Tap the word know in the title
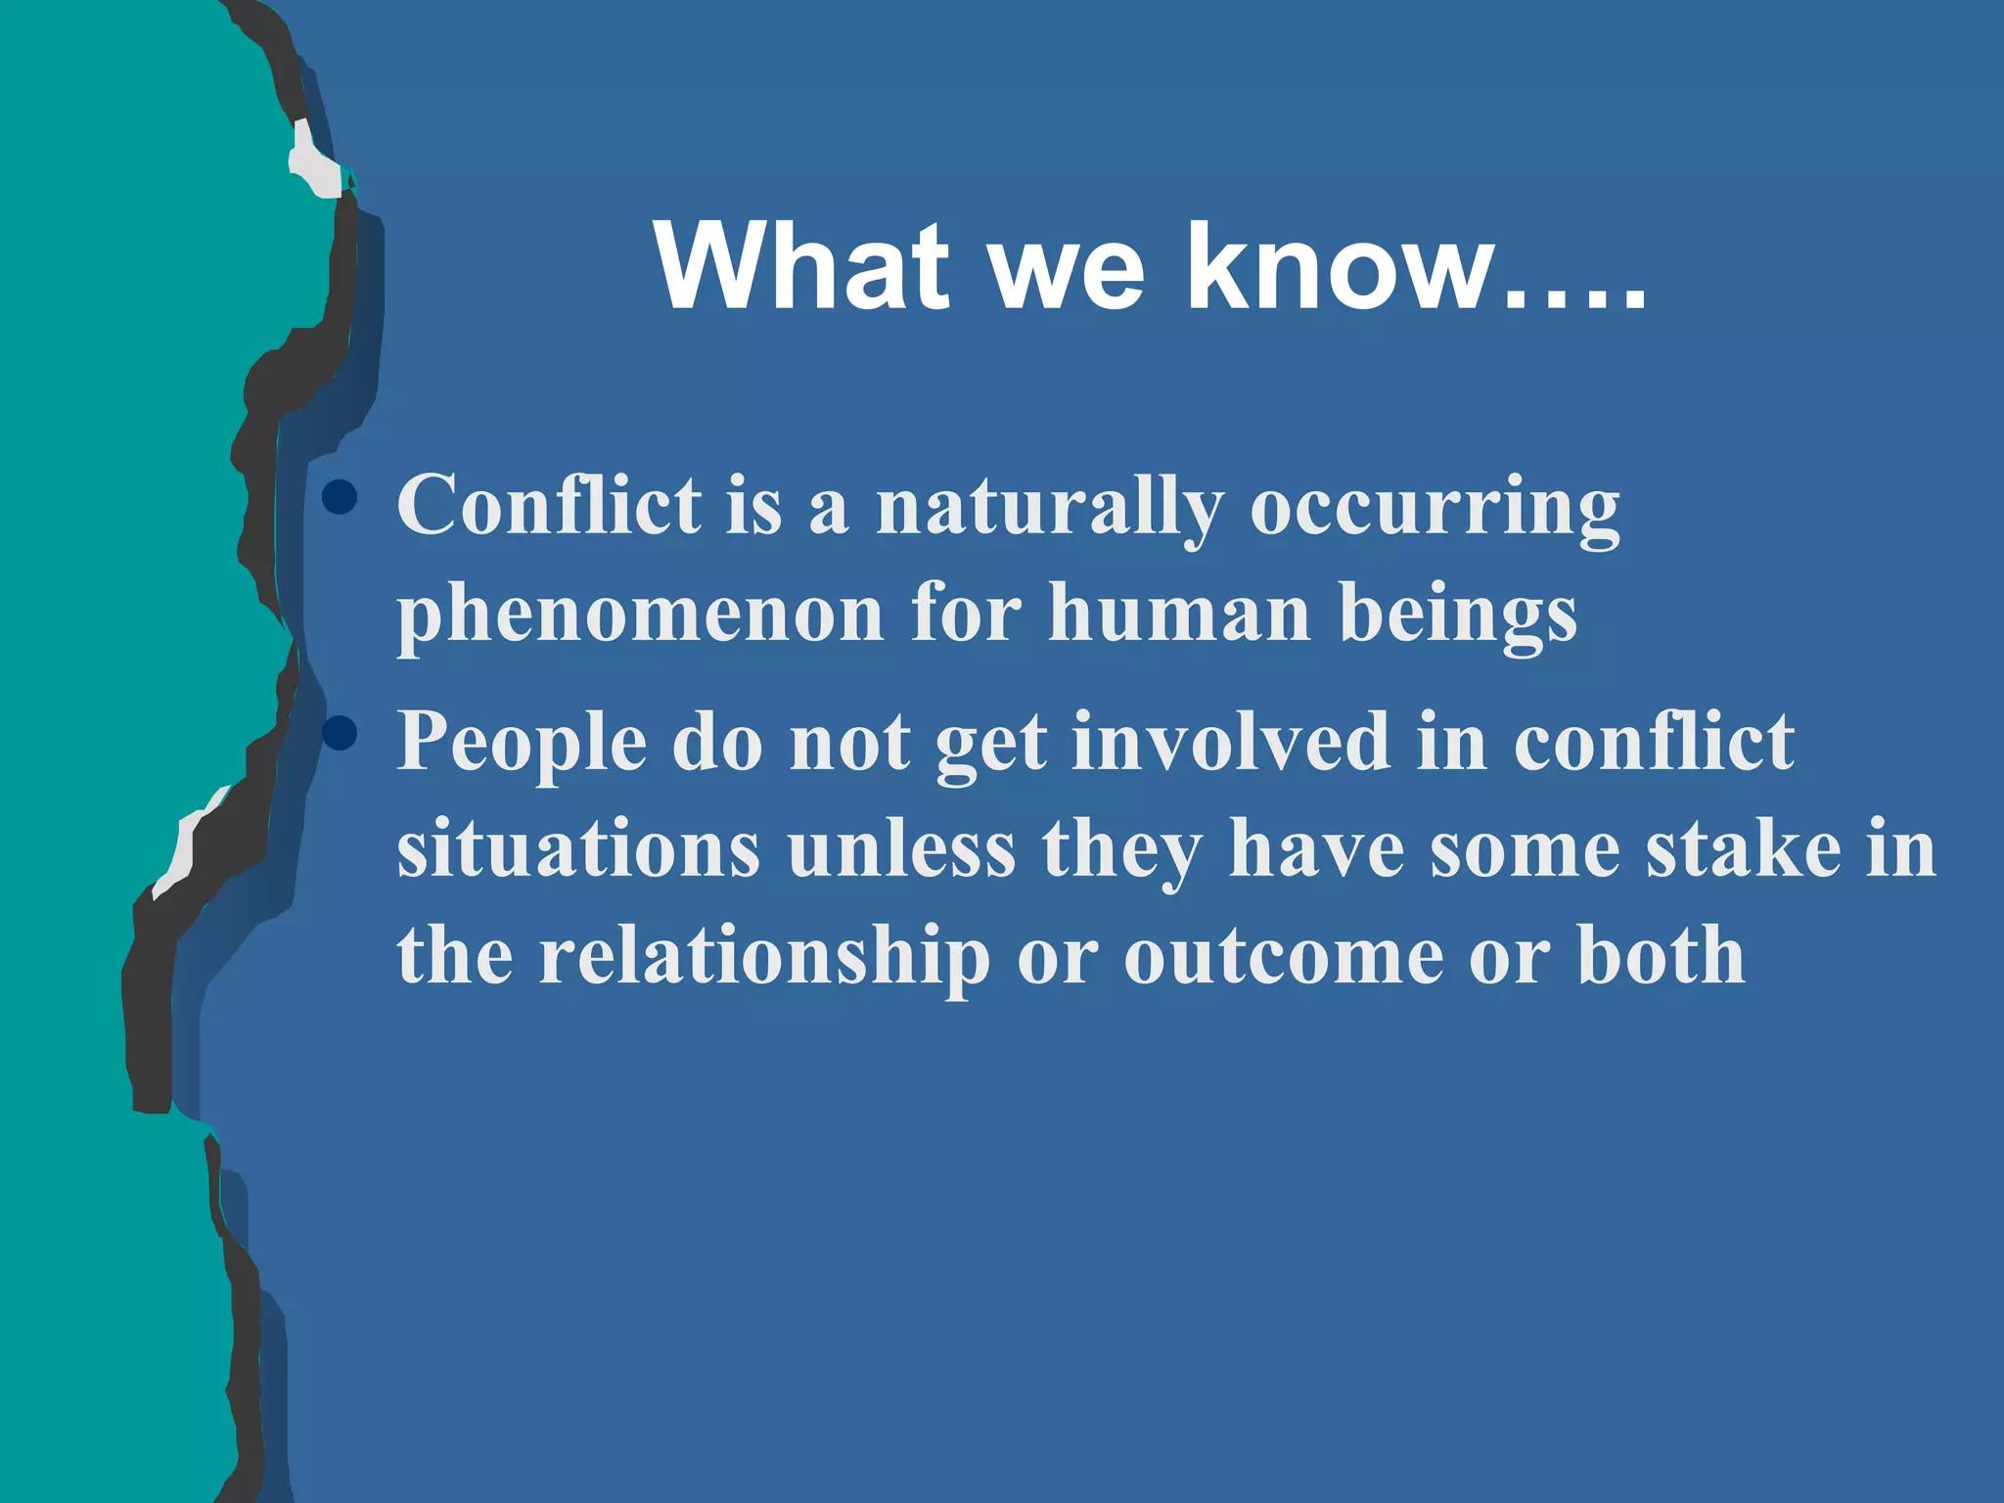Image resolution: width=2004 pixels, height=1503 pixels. (x=1341, y=265)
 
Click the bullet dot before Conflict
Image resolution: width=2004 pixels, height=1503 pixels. (x=340, y=498)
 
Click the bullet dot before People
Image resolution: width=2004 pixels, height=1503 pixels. (x=340, y=733)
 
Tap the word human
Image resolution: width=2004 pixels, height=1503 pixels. (x=1178, y=613)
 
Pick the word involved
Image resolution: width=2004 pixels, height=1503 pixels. (x=1231, y=741)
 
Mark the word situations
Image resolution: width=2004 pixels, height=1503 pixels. (x=578, y=849)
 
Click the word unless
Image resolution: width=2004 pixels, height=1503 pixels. (x=901, y=849)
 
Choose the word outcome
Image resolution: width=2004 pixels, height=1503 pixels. (x=1283, y=956)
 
